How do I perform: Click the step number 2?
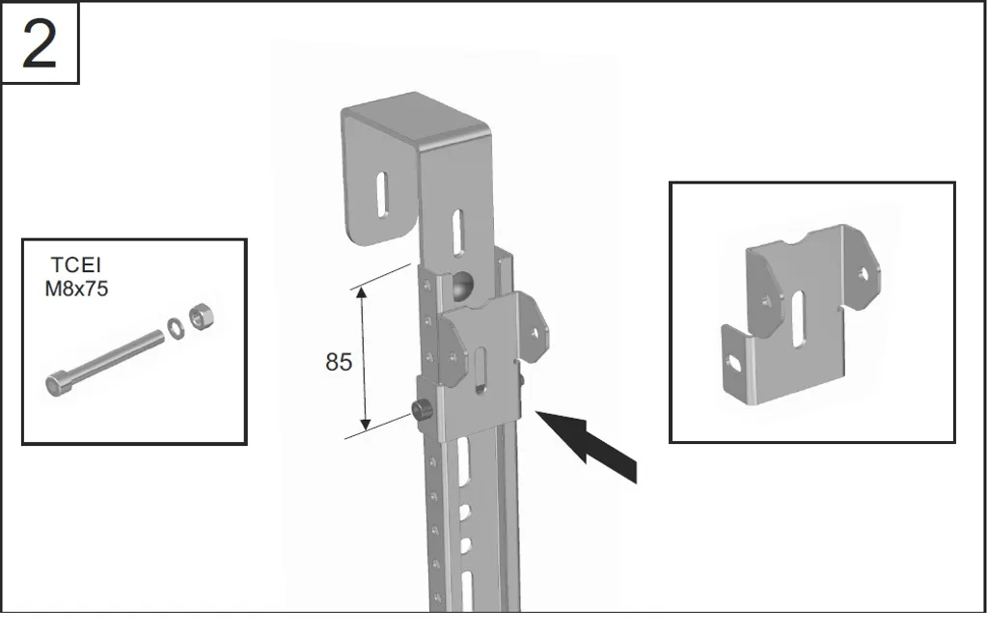[39, 44]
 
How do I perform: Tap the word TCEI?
[75, 264]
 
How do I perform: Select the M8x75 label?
[76, 289]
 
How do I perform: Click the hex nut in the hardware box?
[203, 316]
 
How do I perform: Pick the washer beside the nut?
[176, 328]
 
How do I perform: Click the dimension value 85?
[339, 362]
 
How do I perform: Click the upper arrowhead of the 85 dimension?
[361, 292]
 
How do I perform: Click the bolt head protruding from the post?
[421, 410]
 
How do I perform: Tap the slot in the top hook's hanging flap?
[382, 195]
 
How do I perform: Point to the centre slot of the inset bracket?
[798, 318]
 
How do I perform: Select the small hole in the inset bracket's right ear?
[863, 273]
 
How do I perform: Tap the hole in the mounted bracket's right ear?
[535, 332]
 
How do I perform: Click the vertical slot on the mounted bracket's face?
[480, 371]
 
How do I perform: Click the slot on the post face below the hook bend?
[458, 232]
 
